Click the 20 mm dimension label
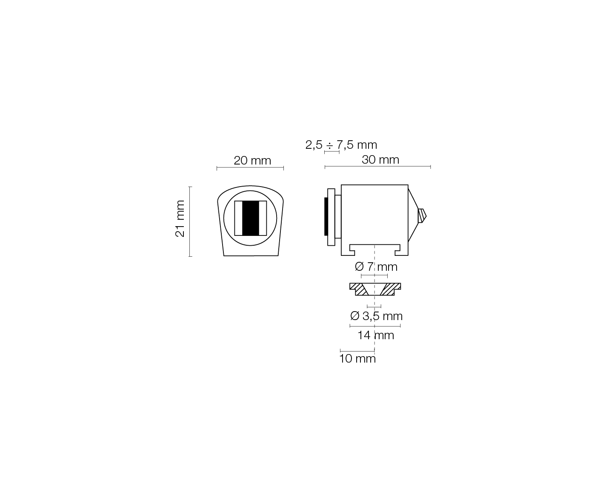pyautogui.click(x=252, y=161)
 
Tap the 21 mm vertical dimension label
pyautogui.click(x=180, y=218)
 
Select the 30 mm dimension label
pyautogui.click(x=380, y=160)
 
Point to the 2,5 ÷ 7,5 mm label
pyautogui.click(x=341, y=145)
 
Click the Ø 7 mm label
pyautogui.click(x=376, y=267)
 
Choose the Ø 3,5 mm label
pyautogui.click(x=376, y=316)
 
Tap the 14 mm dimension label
pyautogui.click(x=376, y=335)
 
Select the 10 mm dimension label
pyautogui.click(x=357, y=359)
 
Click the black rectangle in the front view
pyautogui.click(x=250, y=218)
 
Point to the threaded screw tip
pyautogui.click(x=422, y=216)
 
